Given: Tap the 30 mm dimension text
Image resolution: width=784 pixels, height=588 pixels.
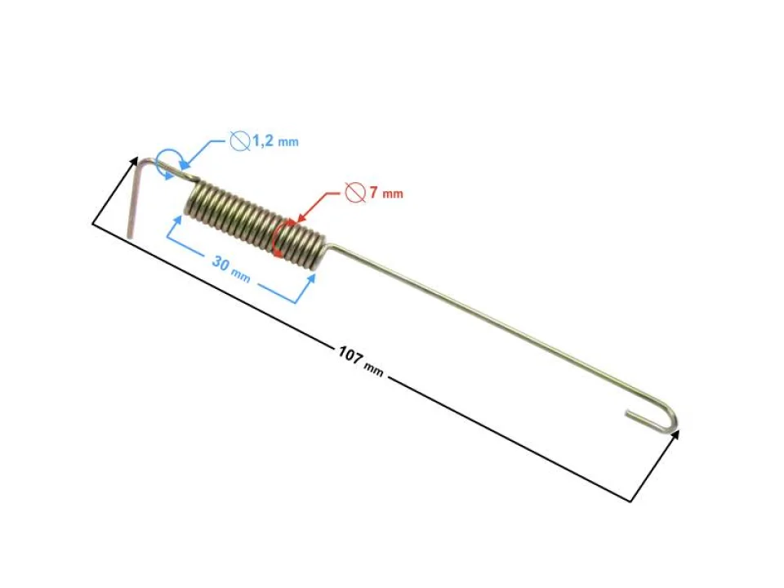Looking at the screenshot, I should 230,269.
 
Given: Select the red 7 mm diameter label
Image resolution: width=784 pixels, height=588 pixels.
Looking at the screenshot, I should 385,194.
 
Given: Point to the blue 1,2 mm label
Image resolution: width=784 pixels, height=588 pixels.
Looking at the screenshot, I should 275,141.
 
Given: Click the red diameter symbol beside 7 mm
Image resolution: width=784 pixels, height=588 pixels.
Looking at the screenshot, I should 354,193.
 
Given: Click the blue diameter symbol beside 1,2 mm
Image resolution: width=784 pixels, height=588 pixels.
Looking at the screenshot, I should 239,140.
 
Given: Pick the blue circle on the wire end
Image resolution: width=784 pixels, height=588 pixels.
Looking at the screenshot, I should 168,161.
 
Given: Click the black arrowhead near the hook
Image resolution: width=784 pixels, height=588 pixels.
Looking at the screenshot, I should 675,436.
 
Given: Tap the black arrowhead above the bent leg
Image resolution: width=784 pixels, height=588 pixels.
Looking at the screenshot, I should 134,161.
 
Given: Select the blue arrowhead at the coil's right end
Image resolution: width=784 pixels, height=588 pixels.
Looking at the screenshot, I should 312,278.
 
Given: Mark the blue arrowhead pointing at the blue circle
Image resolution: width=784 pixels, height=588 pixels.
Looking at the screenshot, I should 184,167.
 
